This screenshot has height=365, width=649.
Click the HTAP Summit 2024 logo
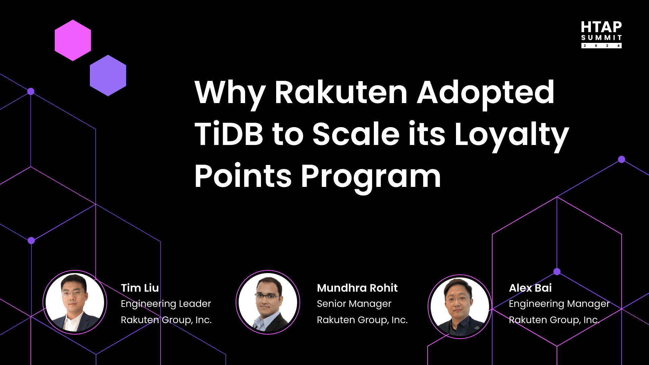click(601, 34)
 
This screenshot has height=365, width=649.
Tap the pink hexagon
click(73, 40)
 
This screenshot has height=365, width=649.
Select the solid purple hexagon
click(108, 75)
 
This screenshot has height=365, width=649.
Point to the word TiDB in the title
click(229, 134)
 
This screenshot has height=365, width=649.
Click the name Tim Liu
click(140, 288)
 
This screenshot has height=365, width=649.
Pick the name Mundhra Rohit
click(357, 288)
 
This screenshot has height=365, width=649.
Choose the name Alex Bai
click(530, 288)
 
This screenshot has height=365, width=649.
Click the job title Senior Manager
click(354, 304)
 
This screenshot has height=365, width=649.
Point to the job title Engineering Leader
click(166, 304)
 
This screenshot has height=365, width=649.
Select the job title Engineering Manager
click(559, 304)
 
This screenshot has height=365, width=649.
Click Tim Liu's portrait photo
click(75, 302)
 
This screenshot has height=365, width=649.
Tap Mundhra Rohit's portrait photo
click(268, 302)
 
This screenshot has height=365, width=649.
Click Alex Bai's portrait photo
click(460, 307)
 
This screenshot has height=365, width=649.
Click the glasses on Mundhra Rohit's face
click(267, 296)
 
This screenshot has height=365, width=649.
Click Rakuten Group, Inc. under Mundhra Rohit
click(362, 320)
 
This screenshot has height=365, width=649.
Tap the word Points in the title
click(243, 176)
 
